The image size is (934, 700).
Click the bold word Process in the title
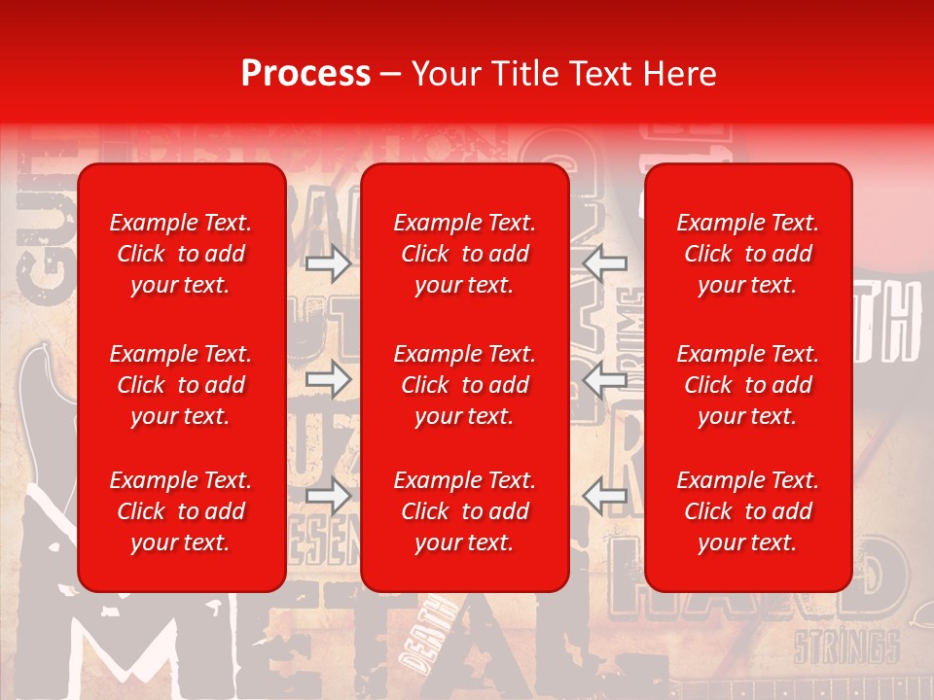tap(305, 74)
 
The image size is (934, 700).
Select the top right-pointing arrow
tap(329, 262)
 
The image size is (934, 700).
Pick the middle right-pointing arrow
tap(329, 380)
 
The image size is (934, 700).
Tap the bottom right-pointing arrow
tap(329, 496)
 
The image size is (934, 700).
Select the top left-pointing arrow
tap(605, 262)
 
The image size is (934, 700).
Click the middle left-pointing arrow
tap(605, 380)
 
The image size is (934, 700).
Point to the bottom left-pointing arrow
tap(605, 496)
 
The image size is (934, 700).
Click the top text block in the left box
tap(181, 254)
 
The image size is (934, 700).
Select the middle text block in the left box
tap(181, 385)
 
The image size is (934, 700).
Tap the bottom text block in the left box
tap(181, 511)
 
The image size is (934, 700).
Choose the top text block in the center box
tap(465, 254)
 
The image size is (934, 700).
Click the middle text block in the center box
tap(465, 385)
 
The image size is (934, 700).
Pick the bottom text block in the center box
tap(465, 511)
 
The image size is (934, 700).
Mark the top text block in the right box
tap(748, 254)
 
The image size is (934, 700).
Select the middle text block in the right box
tap(748, 385)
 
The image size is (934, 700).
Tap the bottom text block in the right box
tap(748, 511)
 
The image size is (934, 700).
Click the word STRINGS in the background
tap(845, 647)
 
